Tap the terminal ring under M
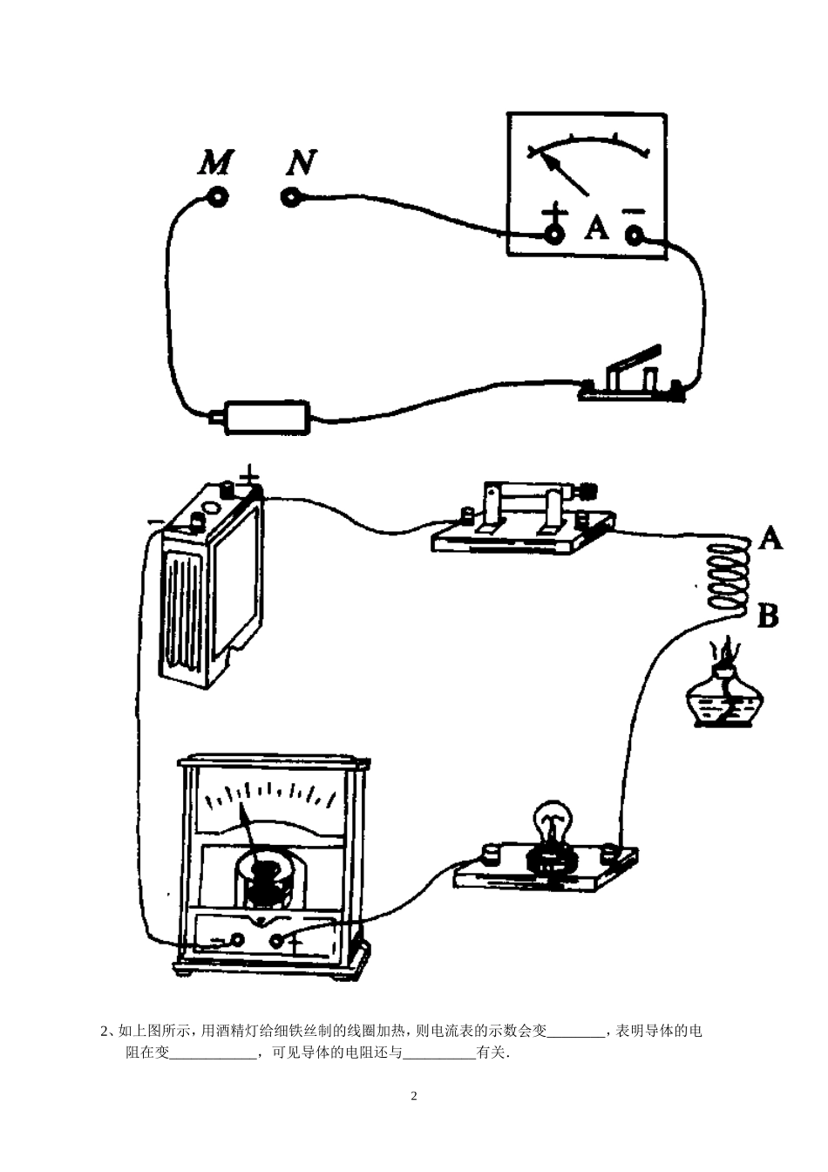218,197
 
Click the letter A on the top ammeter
596,228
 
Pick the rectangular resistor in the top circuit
267,418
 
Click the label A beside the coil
770,538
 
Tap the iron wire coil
728,576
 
